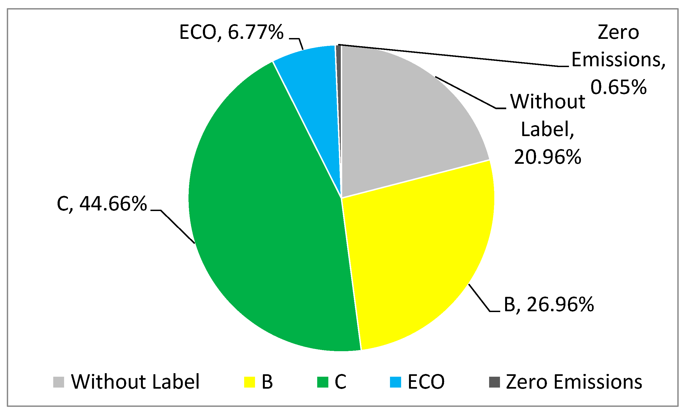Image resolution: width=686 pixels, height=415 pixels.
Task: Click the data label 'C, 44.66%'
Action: [x=102, y=204]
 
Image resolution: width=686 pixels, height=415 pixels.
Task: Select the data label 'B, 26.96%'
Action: [x=549, y=305]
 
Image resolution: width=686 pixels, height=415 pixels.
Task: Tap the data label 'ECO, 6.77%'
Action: [x=231, y=32]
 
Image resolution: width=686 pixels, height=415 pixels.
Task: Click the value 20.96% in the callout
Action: [x=547, y=157]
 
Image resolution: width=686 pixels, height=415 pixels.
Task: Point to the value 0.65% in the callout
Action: [x=618, y=87]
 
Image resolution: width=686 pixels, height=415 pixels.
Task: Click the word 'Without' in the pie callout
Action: [x=547, y=102]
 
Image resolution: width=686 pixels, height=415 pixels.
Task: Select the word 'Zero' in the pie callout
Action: [x=618, y=33]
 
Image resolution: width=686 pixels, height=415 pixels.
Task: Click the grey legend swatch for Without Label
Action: [x=58, y=382]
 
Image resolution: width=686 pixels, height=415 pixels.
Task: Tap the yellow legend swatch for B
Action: [x=250, y=382]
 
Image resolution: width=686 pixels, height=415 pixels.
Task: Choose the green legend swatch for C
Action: [x=323, y=382]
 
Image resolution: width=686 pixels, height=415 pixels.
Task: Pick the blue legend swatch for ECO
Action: [x=396, y=382]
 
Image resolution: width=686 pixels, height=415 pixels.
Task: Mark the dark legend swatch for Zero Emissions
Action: [x=495, y=382]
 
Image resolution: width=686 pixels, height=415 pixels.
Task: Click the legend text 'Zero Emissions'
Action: [x=574, y=382]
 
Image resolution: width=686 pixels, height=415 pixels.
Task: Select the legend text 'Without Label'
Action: [x=135, y=382]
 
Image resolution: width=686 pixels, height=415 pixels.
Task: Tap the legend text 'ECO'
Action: [x=426, y=382]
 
